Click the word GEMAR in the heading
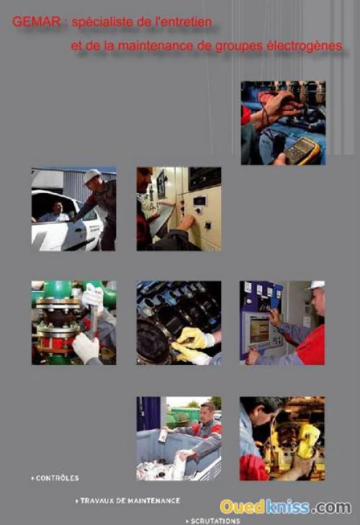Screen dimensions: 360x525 tap(37, 22)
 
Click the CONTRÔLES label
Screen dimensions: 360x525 tap(55, 478)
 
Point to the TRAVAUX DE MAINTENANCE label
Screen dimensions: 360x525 tap(128, 501)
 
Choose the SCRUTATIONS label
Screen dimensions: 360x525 tap(213, 521)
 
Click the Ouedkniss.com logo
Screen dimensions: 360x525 tap(286, 507)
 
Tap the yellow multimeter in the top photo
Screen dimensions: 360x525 tap(302, 151)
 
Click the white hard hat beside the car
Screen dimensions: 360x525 tap(91, 175)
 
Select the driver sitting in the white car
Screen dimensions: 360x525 tap(55, 213)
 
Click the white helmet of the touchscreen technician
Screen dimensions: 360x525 tap(317, 285)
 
